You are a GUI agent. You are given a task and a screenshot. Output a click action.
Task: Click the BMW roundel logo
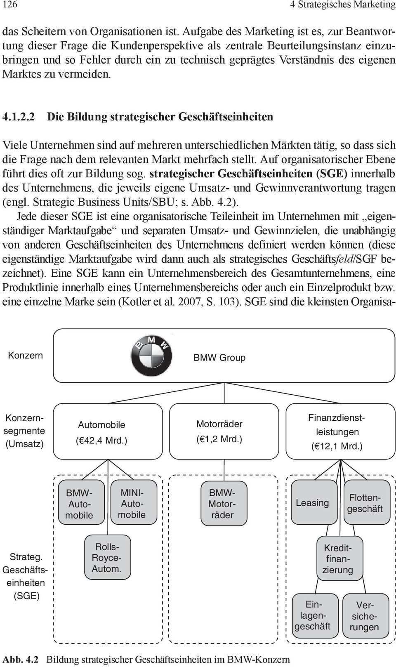pyautogui.click(x=151, y=356)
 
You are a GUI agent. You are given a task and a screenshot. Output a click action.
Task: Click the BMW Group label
pyautogui.click(x=219, y=358)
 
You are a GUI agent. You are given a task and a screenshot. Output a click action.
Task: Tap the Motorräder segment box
pyautogui.click(x=224, y=431)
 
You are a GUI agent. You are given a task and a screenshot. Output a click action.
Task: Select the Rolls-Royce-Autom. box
pyautogui.click(x=107, y=557)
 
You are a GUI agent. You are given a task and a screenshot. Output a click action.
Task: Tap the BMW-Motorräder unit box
pyautogui.click(x=223, y=504)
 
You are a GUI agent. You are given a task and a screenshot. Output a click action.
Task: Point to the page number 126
pyautogui.click(x=10, y=5)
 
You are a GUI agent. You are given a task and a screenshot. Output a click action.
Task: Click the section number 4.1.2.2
pyautogui.click(x=19, y=117)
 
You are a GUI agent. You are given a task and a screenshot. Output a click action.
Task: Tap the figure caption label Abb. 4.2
pyautogui.click(x=20, y=659)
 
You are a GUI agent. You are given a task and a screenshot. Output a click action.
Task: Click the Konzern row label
pyautogui.click(x=25, y=355)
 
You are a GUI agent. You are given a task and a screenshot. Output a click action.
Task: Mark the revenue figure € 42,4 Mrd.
pyautogui.click(x=101, y=441)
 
